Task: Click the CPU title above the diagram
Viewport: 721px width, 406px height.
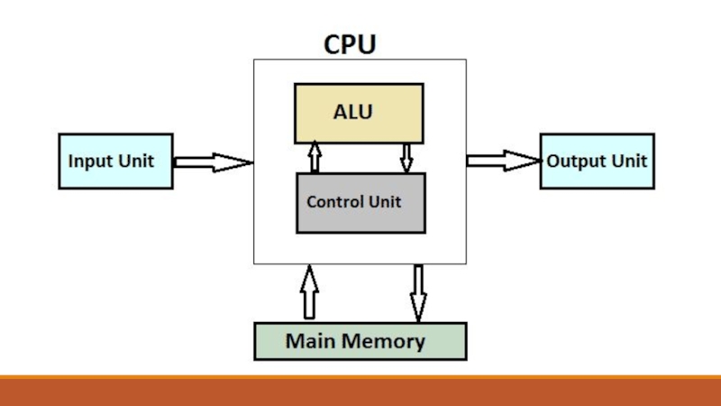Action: (350, 44)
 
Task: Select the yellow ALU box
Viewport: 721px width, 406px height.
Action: (359, 114)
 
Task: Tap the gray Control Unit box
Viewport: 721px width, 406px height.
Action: (360, 202)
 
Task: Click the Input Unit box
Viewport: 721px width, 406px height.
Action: (115, 161)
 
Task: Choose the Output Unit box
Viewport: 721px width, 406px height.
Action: (597, 161)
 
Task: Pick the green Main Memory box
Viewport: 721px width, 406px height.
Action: (360, 341)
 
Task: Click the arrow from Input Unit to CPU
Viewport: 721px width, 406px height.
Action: (213, 162)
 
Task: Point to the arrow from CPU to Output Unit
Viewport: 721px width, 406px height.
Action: (502, 161)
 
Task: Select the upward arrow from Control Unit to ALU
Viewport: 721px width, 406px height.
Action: (315, 156)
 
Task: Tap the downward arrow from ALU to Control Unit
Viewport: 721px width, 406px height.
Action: (406, 156)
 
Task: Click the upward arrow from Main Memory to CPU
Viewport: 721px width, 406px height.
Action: (309, 291)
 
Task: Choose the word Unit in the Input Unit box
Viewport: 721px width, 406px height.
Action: (135, 162)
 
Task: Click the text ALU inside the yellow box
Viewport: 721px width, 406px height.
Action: (353, 113)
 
